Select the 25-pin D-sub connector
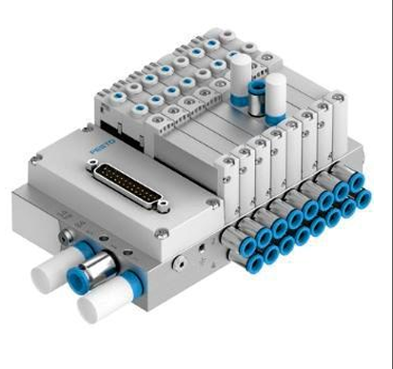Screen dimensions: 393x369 point(128,184)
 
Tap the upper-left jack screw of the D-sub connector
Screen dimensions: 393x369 point(93,164)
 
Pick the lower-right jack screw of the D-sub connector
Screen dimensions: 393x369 point(163,206)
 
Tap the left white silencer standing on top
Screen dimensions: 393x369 point(240,80)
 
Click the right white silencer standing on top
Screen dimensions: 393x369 point(276,98)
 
